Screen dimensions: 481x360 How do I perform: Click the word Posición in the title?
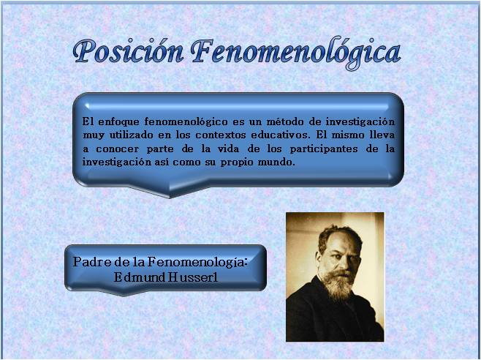tap(128, 52)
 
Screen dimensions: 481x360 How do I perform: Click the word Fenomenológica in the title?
tap(296, 53)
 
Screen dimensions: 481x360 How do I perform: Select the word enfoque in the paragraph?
tap(119, 122)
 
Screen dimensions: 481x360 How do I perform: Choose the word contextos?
tap(220, 135)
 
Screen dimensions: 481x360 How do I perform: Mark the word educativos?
tap(277, 135)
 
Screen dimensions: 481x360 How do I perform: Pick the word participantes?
tap(324, 149)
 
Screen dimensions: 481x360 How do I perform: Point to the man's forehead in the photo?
tap(341, 240)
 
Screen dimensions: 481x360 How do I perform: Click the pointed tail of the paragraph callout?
tap(170, 197)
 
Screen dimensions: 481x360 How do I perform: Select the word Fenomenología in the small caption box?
tap(197, 263)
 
